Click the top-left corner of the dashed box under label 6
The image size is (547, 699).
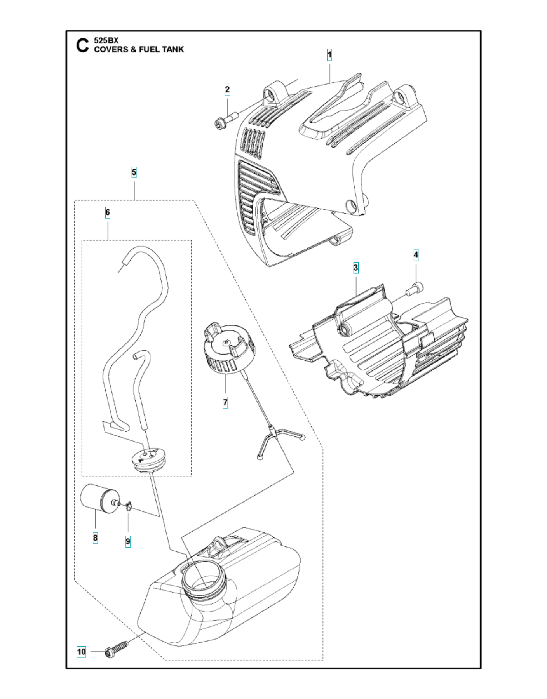coord(82,240)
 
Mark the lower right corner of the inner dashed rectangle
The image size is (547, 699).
coord(191,476)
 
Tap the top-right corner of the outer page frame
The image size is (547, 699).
coord(481,31)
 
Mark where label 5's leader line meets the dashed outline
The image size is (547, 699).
coord(134,200)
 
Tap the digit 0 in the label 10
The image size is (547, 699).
coord(83,651)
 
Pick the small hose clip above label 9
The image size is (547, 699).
coord(129,505)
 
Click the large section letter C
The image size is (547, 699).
coord(83,45)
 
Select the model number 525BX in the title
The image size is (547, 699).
coord(106,41)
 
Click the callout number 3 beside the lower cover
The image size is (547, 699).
coord(355,268)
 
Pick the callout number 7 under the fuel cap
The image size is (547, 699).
coord(225,403)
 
